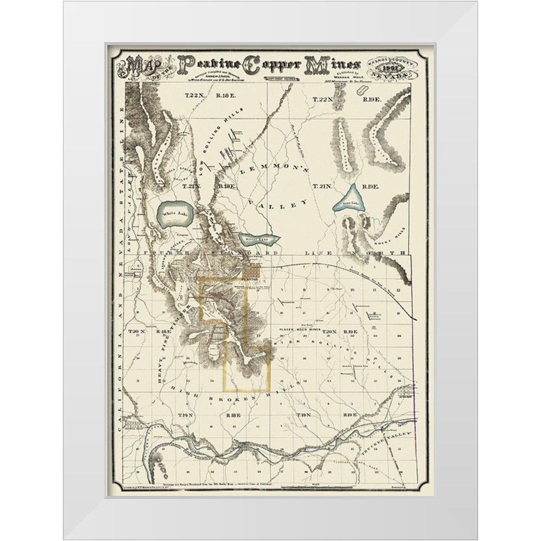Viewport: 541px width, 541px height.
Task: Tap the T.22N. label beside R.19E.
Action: pos(325,99)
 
